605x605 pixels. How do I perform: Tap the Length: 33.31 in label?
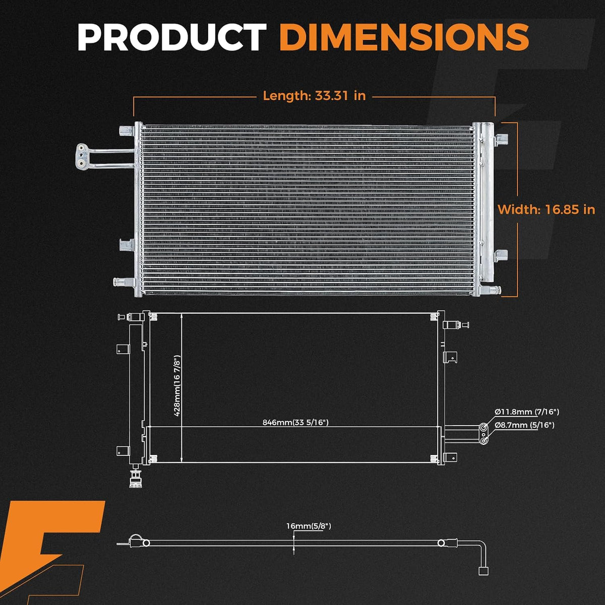click(314, 95)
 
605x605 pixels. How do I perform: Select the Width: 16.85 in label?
click(547, 209)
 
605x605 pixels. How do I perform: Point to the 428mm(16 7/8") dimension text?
click(177, 386)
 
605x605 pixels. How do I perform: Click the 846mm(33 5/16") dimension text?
click(295, 422)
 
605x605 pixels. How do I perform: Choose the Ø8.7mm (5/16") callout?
click(525, 425)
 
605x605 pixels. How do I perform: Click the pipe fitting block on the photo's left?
click(82, 156)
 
